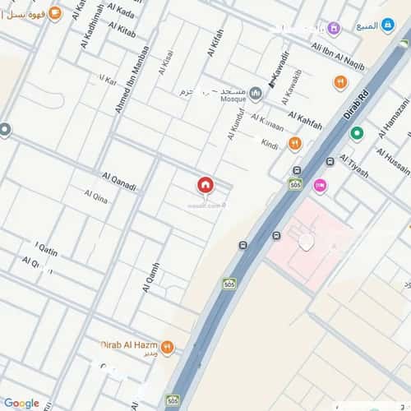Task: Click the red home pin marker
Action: click(x=204, y=186)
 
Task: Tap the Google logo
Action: click(x=21, y=403)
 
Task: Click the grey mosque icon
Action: click(x=256, y=93)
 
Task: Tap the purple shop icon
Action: click(x=334, y=29)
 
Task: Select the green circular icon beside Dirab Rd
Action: click(x=356, y=132)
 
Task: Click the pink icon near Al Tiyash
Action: click(x=319, y=187)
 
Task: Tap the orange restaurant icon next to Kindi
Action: click(x=294, y=144)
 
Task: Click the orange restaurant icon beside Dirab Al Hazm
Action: click(x=168, y=348)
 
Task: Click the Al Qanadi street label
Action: click(x=119, y=180)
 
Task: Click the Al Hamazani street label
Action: click(x=394, y=117)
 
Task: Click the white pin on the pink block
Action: click(x=306, y=242)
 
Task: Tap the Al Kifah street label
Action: click(x=215, y=43)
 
